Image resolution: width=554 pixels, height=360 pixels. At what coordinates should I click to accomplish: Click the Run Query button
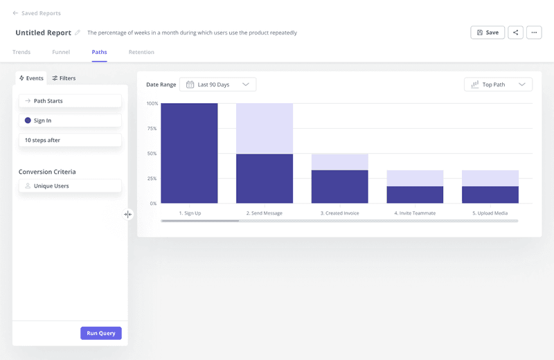pyautogui.click(x=101, y=333)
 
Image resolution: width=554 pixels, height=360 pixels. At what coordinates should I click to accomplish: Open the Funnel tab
pyautogui.click(x=61, y=52)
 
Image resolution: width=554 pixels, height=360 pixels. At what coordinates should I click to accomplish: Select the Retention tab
pyautogui.click(x=141, y=52)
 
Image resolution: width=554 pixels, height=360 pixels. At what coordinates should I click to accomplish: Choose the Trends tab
pyautogui.click(x=21, y=52)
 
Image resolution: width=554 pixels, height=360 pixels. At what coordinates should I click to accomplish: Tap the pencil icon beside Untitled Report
pyautogui.click(x=78, y=33)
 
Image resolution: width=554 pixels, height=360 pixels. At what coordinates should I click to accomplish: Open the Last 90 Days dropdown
pyautogui.click(x=217, y=84)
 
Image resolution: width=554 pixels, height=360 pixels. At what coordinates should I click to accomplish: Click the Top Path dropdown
pyautogui.click(x=498, y=84)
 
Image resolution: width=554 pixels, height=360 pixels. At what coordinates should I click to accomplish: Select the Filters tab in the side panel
pyautogui.click(x=64, y=78)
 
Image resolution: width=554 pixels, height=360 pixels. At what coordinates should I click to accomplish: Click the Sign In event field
pyautogui.click(x=70, y=120)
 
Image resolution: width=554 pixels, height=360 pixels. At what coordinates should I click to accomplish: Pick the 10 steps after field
pyautogui.click(x=70, y=140)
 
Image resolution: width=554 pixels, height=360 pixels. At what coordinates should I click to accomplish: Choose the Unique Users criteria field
pyautogui.click(x=70, y=186)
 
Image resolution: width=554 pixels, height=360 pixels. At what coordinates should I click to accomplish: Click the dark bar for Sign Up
pyautogui.click(x=189, y=154)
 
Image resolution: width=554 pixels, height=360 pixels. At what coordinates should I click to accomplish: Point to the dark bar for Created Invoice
pyautogui.click(x=339, y=187)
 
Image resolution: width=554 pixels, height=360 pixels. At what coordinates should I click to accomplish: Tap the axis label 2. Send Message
pyautogui.click(x=264, y=213)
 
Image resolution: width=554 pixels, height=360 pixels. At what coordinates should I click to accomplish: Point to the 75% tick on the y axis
pyautogui.click(x=152, y=129)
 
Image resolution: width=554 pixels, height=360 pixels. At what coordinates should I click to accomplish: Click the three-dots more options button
pyautogui.click(x=533, y=33)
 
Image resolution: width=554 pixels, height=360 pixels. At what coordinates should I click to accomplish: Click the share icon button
pyautogui.click(x=515, y=33)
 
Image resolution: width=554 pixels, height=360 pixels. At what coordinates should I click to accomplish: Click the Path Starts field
pyautogui.click(x=70, y=101)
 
